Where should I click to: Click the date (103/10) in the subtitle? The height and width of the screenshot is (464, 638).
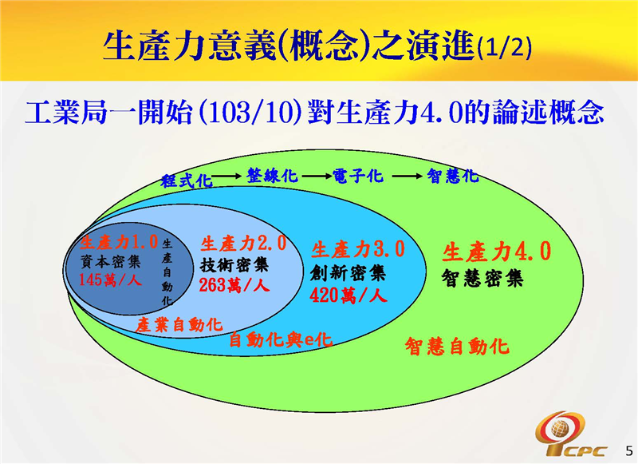[x=253, y=113]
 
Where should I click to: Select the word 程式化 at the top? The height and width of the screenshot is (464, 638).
[x=186, y=180]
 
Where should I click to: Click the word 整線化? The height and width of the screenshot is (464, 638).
[x=272, y=176]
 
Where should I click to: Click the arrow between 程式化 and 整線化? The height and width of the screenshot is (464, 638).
[x=227, y=176]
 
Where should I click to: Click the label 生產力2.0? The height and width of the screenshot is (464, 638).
[x=243, y=243]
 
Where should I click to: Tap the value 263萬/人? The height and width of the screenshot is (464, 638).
[x=234, y=285]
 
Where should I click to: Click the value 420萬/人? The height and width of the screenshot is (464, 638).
[x=349, y=295]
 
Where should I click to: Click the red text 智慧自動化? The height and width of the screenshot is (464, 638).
[x=456, y=346]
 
